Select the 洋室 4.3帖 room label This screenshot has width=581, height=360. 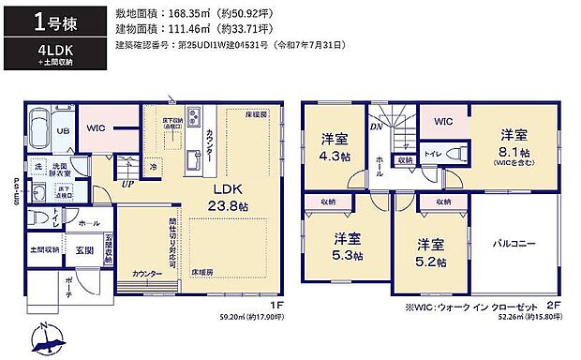(335, 147)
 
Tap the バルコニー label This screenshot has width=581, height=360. (514, 244)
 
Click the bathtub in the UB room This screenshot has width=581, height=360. (41, 124)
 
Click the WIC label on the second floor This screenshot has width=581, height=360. (444, 121)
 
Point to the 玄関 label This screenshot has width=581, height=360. (84, 250)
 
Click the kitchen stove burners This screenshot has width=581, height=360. (194, 119)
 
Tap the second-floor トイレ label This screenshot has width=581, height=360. (432, 153)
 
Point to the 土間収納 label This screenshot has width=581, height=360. (44, 250)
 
